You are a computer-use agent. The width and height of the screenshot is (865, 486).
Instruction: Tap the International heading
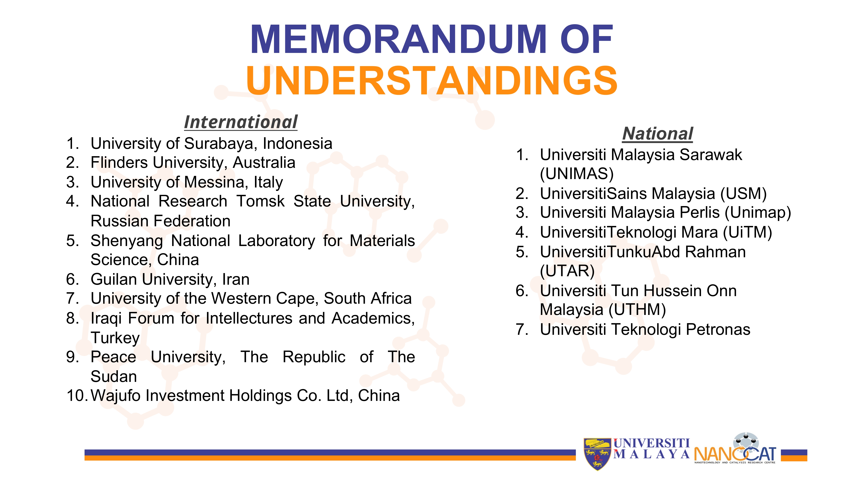click(x=241, y=122)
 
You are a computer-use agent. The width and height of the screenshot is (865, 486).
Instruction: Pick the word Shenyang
click(x=127, y=241)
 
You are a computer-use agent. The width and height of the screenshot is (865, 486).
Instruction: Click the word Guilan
click(x=115, y=279)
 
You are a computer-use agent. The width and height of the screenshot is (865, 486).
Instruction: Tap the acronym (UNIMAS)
click(x=577, y=174)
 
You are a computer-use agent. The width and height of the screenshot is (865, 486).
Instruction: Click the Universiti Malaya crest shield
click(x=597, y=454)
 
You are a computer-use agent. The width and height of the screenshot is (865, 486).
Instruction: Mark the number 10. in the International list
click(x=77, y=396)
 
